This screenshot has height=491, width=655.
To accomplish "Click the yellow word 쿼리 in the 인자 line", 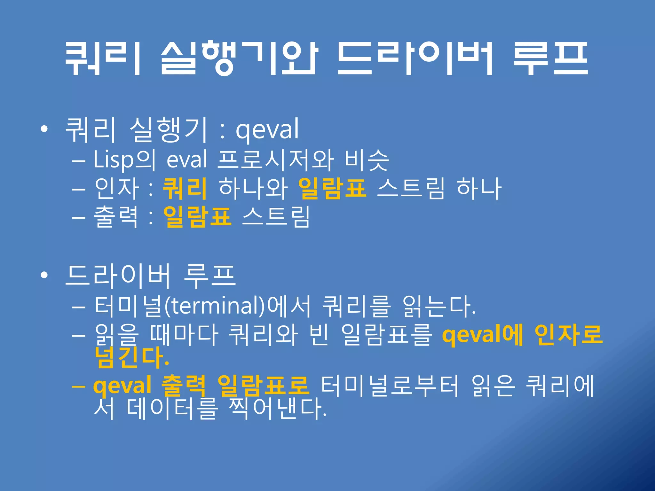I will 185,188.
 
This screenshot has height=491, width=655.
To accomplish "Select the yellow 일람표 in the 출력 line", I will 197,216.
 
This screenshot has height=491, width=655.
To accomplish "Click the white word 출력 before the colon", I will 116,216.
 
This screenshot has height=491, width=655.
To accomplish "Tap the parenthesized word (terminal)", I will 215,306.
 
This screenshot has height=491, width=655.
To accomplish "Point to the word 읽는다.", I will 438,306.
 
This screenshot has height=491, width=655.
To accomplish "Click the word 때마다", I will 184,335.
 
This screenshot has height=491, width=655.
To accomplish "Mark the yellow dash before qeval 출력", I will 79,386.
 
